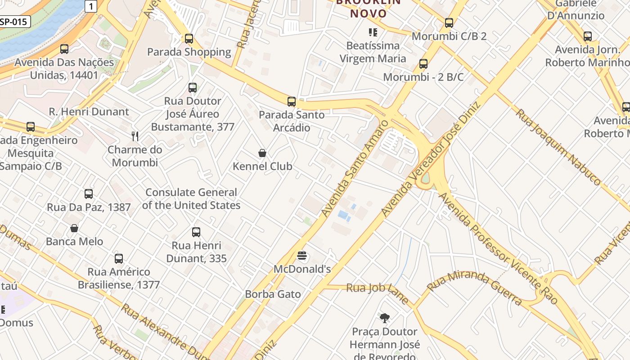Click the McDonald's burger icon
302,256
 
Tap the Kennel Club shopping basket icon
262,153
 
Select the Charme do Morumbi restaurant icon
135,136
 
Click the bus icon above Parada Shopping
189,39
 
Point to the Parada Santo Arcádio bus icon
292,102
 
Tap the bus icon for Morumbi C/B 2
449,23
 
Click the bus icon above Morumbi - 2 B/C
423,64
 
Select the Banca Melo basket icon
74,228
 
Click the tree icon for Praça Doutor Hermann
384,318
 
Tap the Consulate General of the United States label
191,199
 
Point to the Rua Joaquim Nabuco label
558,147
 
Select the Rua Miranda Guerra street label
475,288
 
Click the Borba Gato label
273,294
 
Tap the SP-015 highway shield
15,21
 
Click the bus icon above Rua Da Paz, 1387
89,194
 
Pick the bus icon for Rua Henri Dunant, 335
196,232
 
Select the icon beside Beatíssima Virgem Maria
373,32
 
